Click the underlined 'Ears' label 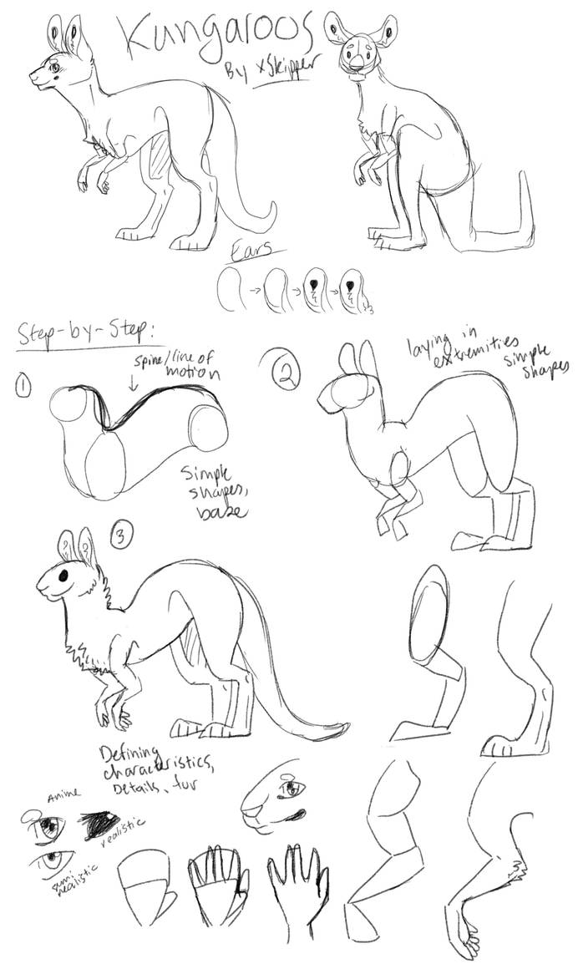click(258, 250)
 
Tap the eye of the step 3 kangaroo click(63, 576)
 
